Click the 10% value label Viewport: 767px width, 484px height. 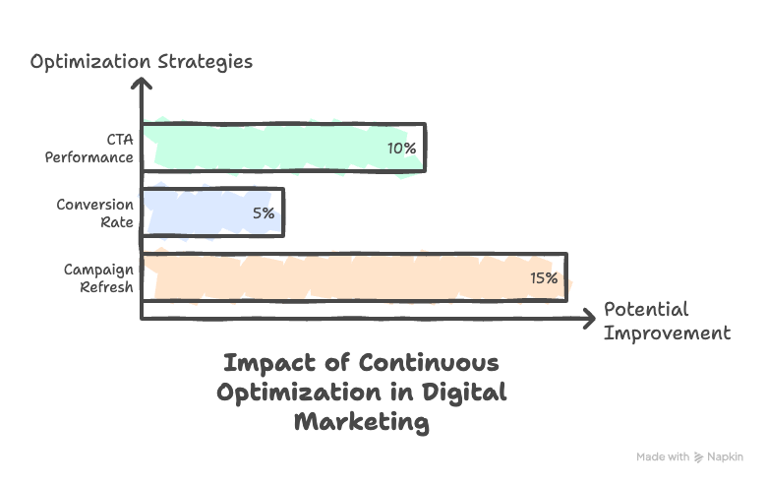pyautogui.click(x=400, y=149)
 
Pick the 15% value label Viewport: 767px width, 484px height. pyautogui.click(x=544, y=277)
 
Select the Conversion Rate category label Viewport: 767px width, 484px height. pyautogui.click(x=94, y=212)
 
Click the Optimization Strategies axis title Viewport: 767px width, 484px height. pyautogui.click(x=141, y=62)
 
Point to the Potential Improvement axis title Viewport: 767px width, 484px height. pyautogui.click(x=666, y=321)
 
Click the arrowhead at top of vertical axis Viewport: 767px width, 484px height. pyautogui.click(x=143, y=86)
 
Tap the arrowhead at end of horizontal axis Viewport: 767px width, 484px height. pyautogui.click(x=589, y=317)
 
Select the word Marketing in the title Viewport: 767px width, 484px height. pyautogui.click(x=361, y=422)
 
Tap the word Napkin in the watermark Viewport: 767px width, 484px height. pyautogui.click(x=726, y=457)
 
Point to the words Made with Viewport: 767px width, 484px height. pyautogui.click(x=663, y=457)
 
